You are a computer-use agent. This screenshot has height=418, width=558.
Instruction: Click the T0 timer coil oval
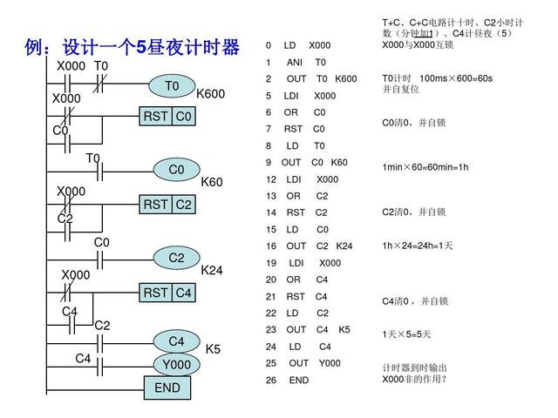tap(172, 86)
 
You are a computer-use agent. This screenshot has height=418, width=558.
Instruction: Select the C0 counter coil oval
tap(177, 169)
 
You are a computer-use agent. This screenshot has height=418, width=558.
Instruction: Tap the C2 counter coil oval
tap(177, 258)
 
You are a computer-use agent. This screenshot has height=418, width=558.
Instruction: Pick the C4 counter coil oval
tap(177, 340)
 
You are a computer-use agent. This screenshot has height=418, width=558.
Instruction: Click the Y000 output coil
tap(177, 363)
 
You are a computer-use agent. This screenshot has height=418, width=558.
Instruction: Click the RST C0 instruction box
tap(168, 116)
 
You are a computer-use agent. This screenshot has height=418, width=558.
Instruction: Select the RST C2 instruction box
tap(168, 205)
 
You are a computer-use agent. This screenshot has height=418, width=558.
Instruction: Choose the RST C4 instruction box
tap(168, 293)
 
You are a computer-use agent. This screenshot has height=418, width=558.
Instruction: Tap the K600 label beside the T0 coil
tap(211, 94)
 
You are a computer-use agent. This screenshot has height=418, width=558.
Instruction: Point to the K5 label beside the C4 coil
tap(213, 349)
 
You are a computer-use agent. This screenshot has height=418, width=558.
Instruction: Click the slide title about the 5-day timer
tap(133, 48)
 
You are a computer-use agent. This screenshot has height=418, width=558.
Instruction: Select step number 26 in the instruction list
tap(270, 380)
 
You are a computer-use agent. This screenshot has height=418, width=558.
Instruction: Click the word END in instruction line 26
tap(299, 380)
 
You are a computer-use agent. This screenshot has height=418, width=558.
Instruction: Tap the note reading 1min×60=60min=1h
tap(425, 166)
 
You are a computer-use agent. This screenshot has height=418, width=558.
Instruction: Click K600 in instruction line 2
tap(346, 78)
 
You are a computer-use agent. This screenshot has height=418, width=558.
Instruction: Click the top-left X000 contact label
tap(71, 66)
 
